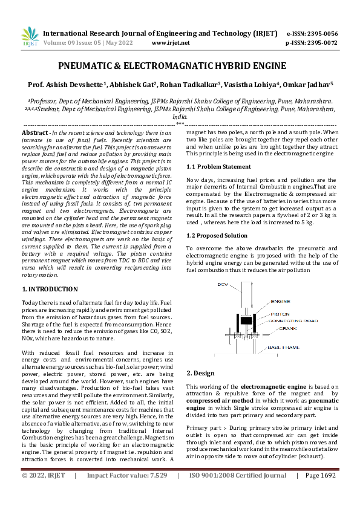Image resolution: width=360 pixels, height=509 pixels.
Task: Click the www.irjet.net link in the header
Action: [171, 43]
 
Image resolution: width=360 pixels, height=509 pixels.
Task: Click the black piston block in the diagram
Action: [245, 320]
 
